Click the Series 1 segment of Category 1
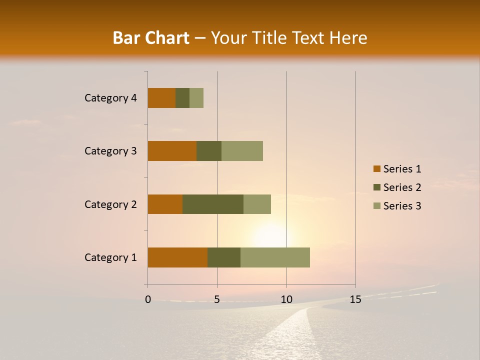click(177, 257)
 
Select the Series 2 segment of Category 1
click(224, 257)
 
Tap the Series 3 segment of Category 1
click(275, 257)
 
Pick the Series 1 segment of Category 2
click(165, 204)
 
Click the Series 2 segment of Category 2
click(213, 204)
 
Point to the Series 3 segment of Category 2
click(257, 204)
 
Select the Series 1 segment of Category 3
click(172, 151)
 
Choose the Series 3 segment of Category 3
click(242, 151)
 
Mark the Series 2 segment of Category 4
click(182, 98)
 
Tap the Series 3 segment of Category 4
click(196, 98)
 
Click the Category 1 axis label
click(110, 257)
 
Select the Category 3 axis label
click(110, 151)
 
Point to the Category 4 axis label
click(110, 98)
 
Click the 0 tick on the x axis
click(148, 299)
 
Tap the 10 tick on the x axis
click(286, 299)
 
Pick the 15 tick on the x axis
click(355, 299)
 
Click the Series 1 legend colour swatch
click(376, 169)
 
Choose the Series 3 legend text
click(402, 206)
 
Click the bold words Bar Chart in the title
click(151, 38)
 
